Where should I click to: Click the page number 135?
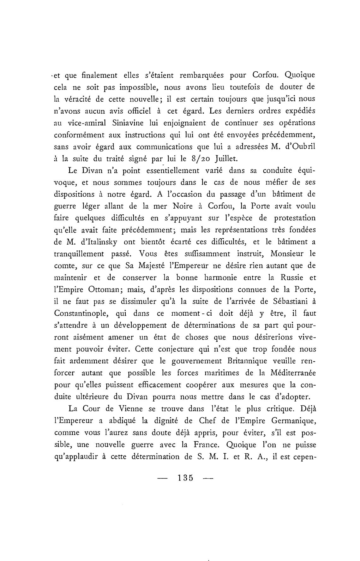coord(186,477)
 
